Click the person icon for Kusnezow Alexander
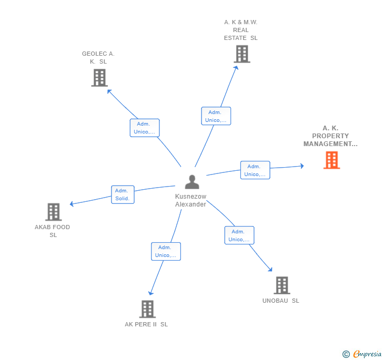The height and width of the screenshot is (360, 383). point(192,182)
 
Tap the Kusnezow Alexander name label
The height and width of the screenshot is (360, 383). point(190,200)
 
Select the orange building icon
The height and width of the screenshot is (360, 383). point(331,160)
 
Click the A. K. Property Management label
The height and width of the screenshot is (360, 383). point(330,136)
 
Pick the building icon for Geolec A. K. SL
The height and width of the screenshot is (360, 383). point(99,78)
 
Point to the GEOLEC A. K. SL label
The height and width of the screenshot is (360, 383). point(98,57)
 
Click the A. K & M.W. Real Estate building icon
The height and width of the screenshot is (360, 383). point(241,54)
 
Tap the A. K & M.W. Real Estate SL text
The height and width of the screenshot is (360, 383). point(240,30)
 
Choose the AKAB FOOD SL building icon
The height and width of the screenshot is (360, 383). point(53,212)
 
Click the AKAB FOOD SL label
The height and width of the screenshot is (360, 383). point(53,231)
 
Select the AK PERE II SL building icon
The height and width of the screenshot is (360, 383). point(147,309)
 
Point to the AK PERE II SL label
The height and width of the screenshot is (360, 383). point(146,324)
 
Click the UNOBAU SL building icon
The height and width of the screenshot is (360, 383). point(282,285)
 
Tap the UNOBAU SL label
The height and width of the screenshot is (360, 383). point(280,301)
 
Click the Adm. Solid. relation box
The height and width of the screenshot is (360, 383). point(122,194)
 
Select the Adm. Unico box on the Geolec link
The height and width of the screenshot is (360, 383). point(145,128)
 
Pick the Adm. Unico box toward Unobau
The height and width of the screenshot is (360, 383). point(239,235)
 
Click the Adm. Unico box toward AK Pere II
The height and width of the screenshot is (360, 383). point(166,251)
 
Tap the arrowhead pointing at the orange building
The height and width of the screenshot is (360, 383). point(302,166)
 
